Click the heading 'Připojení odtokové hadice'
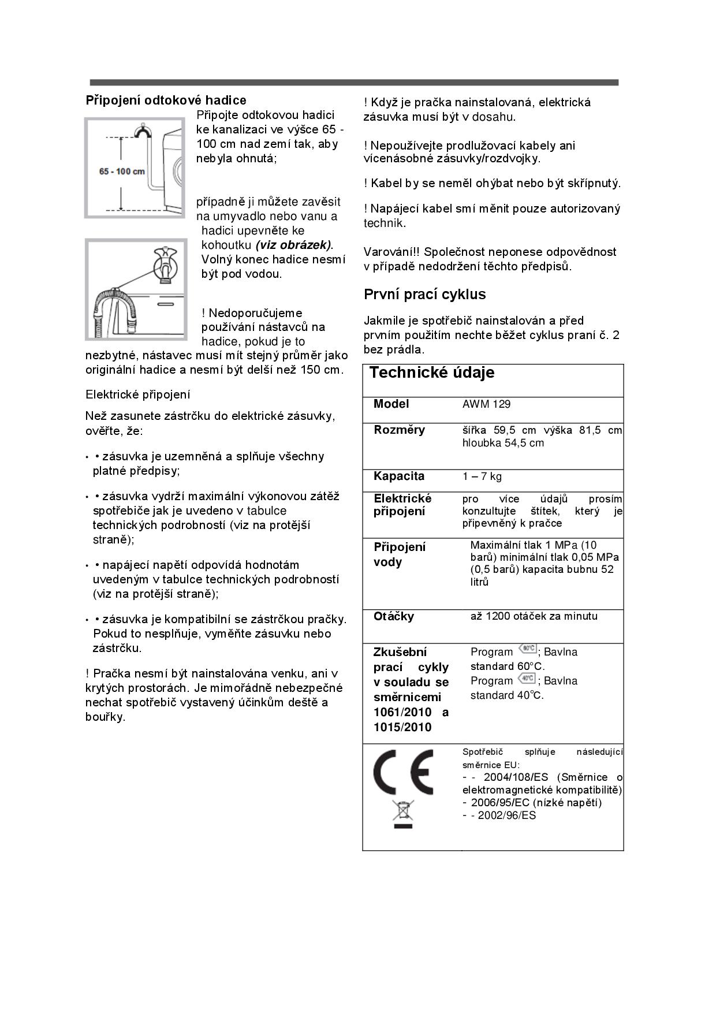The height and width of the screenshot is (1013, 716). click(x=166, y=100)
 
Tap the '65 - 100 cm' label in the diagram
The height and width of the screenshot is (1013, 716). click(x=122, y=172)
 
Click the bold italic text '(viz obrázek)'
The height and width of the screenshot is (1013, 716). click(x=294, y=245)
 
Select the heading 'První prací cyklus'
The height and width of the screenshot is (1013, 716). click(x=424, y=295)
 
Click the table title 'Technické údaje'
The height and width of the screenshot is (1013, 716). click(x=431, y=373)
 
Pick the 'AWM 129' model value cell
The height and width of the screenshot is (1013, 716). click(x=486, y=404)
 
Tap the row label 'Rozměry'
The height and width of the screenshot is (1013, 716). click(x=399, y=430)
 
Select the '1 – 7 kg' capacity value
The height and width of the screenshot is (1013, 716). click(x=482, y=476)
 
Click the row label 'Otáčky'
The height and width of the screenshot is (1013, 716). click(x=394, y=616)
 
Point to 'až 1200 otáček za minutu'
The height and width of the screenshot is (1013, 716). click(x=534, y=616)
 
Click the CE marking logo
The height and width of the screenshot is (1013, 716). click(x=403, y=772)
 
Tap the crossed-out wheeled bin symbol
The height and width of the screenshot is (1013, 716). click(x=403, y=813)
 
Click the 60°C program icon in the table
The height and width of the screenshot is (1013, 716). click(x=527, y=649)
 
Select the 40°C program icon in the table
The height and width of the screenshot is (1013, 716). click(x=527, y=677)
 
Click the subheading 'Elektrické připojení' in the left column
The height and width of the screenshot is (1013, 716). click(x=137, y=394)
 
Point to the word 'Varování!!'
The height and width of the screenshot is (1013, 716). click(x=391, y=252)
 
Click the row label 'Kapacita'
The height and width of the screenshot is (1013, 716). click(x=398, y=476)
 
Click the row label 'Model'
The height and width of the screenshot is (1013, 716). click(x=391, y=404)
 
